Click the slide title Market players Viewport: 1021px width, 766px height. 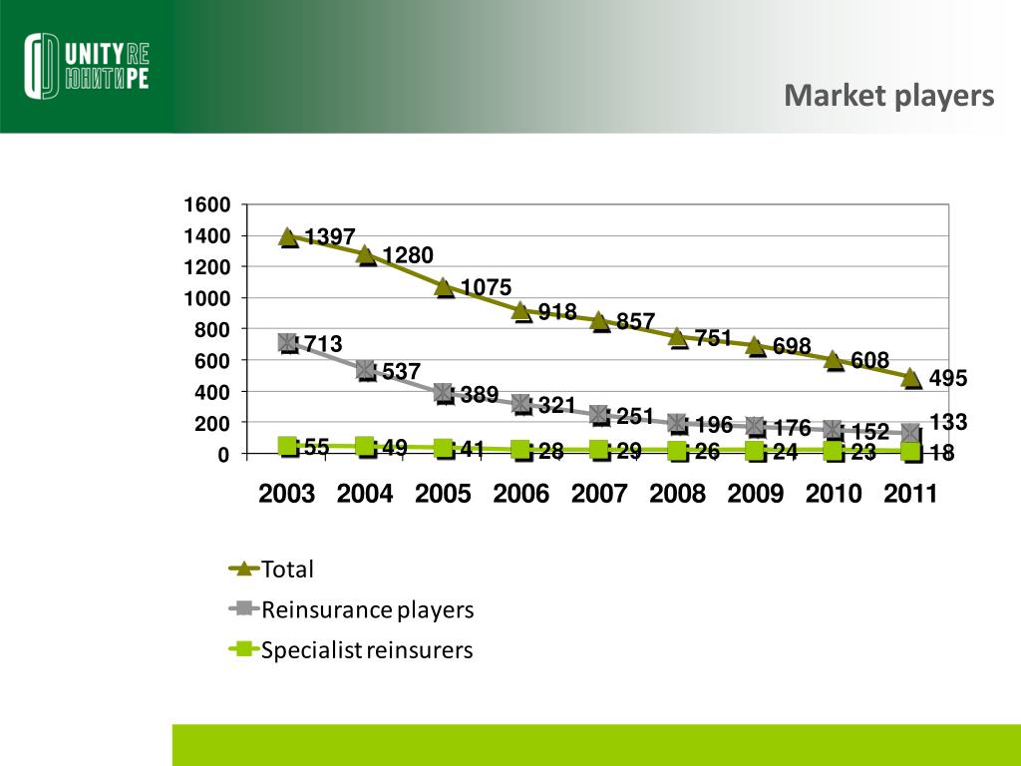pyautogui.click(x=888, y=96)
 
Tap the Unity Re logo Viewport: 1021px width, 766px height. pyautogui.click(x=88, y=67)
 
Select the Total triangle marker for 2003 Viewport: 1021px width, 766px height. pyautogui.click(x=288, y=236)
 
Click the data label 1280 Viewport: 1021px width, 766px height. pyautogui.click(x=407, y=256)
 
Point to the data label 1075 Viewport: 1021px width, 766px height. pyautogui.click(x=486, y=287)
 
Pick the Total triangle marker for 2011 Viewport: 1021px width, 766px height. pyautogui.click(x=912, y=377)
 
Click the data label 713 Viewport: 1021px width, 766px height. pyautogui.click(x=323, y=344)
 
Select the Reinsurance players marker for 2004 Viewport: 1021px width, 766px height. pyautogui.click(x=366, y=371)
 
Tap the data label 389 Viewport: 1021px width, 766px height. pyautogui.click(x=479, y=395)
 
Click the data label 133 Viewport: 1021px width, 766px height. pyautogui.click(x=948, y=423)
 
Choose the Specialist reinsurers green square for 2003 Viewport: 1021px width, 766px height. pyautogui.click(x=288, y=446)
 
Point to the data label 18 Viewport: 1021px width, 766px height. pyautogui.click(x=942, y=454)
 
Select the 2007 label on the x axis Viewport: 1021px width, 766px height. pyautogui.click(x=599, y=494)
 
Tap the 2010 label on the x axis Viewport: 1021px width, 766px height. pyautogui.click(x=834, y=494)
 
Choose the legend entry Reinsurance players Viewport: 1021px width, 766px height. pyautogui.click(x=366, y=609)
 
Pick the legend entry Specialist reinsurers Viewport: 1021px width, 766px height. pyautogui.click(x=366, y=651)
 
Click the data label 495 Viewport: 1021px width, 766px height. pyautogui.click(x=948, y=379)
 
